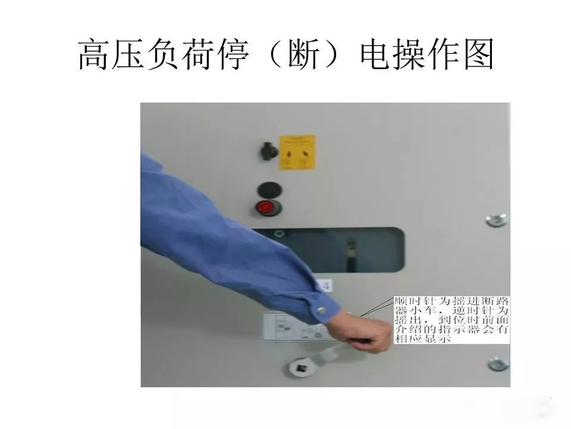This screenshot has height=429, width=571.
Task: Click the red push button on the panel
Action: pos(265,207)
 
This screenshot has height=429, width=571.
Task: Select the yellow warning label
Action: pos(297,152)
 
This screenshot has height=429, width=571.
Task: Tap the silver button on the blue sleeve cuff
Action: pos(322,310)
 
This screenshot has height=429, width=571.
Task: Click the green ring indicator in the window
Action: pos(278,235)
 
